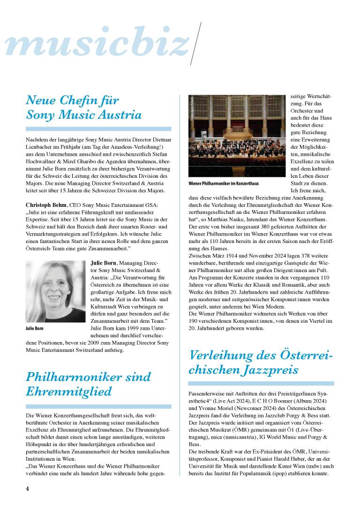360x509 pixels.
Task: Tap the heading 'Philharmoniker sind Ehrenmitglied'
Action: (88, 384)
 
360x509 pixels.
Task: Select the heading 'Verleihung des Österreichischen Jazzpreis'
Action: (261, 362)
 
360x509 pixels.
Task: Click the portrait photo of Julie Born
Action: (55, 291)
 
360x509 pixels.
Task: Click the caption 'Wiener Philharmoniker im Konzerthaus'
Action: (224, 183)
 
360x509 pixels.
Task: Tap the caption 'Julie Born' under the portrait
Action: (35, 328)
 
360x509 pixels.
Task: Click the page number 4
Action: (28, 489)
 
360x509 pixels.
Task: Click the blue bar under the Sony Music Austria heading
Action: (98, 129)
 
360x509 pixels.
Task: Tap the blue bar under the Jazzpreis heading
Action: (261, 383)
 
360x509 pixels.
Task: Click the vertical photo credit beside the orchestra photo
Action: (192, 109)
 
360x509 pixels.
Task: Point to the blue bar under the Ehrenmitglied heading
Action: (98, 406)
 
